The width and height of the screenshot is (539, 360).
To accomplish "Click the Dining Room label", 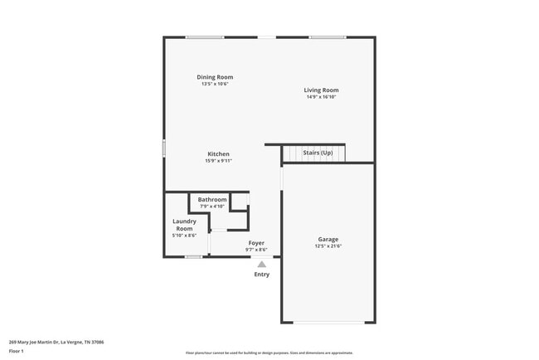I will (x=215, y=77).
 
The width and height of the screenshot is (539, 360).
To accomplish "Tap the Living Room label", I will (x=321, y=90).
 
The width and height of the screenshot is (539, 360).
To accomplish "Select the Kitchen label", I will (x=218, y=154).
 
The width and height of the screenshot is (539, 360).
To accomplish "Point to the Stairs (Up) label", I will (x=318, y=153).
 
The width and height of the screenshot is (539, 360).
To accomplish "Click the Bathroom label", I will (x=212, y=200).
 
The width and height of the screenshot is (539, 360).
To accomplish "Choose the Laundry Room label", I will (x=184, y=225).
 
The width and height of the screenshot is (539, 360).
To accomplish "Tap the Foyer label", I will (x=256, y=243).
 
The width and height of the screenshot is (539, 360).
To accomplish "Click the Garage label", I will (x=328, y=239).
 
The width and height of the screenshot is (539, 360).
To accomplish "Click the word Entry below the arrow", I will (x=261, y=275).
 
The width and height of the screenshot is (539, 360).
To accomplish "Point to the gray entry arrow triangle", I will (x=261, y=264).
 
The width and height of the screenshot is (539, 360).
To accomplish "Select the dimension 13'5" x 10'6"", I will (x=215, y=84).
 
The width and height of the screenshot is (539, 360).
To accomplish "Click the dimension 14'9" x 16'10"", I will (x=321, y=97).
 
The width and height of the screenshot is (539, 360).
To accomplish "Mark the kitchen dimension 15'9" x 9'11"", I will (x=218, y=161).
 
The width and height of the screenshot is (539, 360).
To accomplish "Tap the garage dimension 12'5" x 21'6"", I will (x=328, y=246).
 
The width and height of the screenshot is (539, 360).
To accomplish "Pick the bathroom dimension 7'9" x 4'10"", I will (x=212, y=207).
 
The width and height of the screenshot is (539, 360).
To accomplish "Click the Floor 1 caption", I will (x=17, y=351).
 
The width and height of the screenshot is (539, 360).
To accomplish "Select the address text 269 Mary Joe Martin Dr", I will (x=34, y=342).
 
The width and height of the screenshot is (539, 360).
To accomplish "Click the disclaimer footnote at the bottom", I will (x=269, y=353).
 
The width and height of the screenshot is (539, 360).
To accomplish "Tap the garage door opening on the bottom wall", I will (x=328, y=322).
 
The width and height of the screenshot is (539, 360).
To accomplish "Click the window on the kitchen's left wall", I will (x=164, y=148).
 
